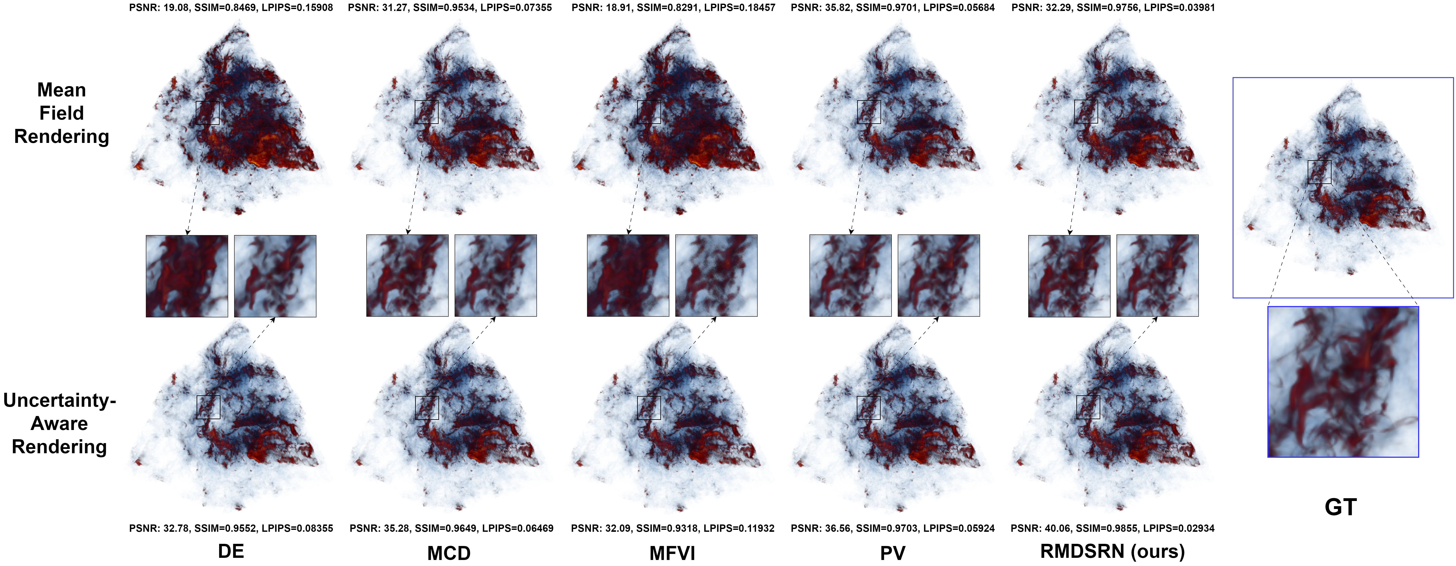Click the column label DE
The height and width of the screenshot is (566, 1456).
point(231,551)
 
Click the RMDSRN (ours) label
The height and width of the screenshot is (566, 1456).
point(1112,551)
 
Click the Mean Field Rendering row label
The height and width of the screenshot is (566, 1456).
point(62,113)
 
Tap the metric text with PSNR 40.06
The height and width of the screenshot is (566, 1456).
point(1112,528)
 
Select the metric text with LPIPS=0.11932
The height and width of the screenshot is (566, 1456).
point(672,528)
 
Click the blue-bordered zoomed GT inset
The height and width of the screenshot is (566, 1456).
point(1343,382)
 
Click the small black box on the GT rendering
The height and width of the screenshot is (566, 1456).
point(1319,172)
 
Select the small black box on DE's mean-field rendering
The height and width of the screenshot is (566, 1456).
point(207,112)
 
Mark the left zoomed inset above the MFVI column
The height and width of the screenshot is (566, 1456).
point(628,276)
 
